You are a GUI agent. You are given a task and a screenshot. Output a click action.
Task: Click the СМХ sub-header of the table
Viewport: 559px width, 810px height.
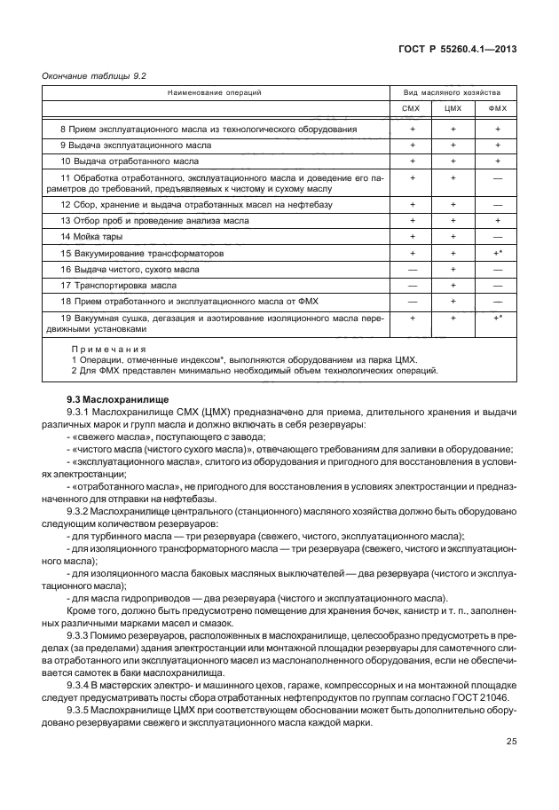pos(412,110)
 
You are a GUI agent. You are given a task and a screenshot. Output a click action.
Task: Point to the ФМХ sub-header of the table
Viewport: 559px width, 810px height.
pos(498,110)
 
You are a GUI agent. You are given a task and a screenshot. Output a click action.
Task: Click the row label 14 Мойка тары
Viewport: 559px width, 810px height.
pos(86,237)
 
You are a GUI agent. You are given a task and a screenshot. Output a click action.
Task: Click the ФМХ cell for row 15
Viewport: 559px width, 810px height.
pos(498,253)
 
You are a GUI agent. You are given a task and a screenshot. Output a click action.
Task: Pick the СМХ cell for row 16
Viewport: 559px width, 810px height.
pos(412,270)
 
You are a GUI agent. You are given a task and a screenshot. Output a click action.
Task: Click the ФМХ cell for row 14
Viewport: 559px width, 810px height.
pos(498,237)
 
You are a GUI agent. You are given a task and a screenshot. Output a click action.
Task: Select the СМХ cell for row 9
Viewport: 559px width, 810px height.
pos(412,145)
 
